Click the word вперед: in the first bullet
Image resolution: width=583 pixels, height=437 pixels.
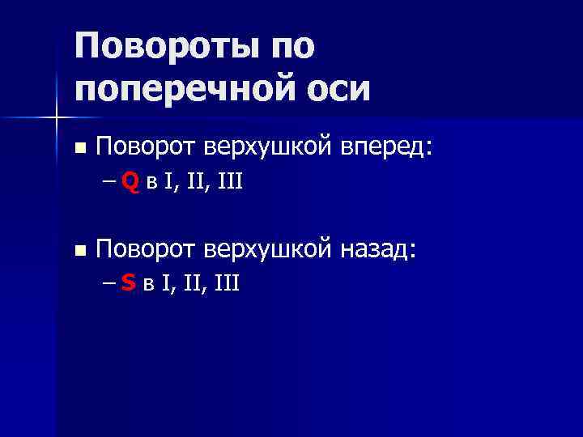pyautogui.click(x=387, y=147)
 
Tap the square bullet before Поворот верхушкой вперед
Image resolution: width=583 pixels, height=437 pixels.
pyautogui.click(x=79, y=149)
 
